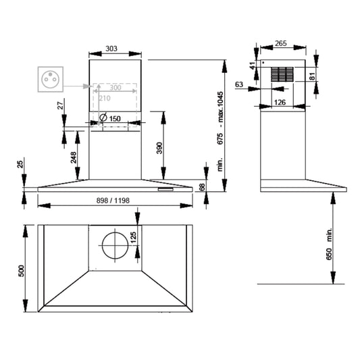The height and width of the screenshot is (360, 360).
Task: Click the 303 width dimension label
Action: pos(111,49)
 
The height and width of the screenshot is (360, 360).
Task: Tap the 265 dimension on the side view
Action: pos(281,43)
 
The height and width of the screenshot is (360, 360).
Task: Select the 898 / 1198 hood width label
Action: pos(113,201)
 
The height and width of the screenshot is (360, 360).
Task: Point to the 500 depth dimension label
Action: pos(21,271)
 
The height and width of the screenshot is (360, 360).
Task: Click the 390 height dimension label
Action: pos(159,148)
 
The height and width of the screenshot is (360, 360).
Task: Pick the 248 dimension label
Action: pos(74,157)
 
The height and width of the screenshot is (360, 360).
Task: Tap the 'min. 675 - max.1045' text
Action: pos(220,131)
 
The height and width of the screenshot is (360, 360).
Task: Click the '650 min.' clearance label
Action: pos(329,244)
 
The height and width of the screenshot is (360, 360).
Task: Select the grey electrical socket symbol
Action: pos(51,79)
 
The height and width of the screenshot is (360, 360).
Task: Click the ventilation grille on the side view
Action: pos(282,74)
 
